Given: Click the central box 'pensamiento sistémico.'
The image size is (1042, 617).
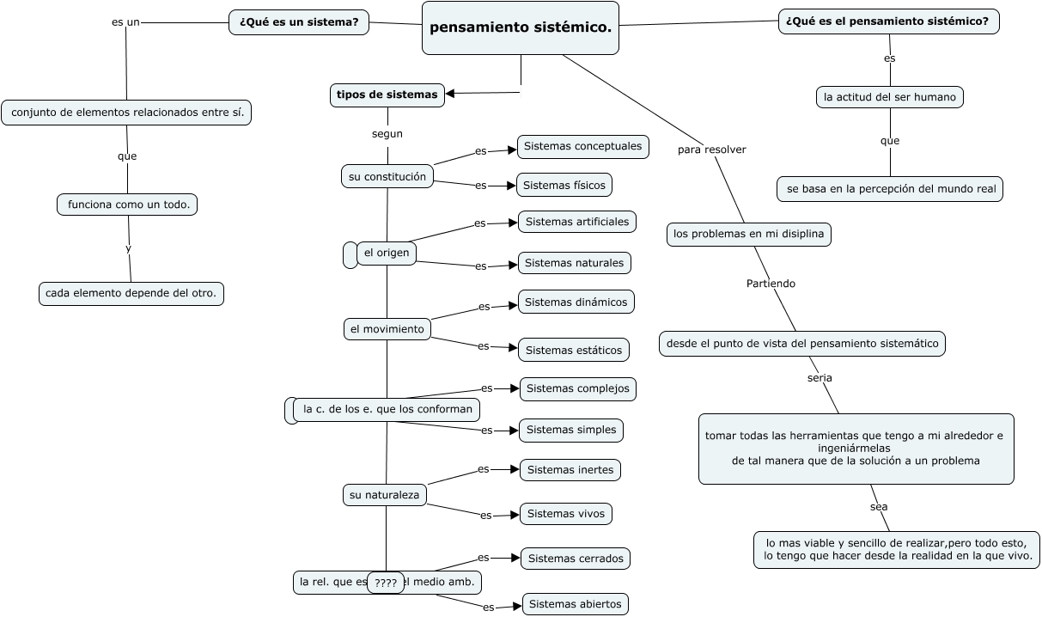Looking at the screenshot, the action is pyautogui.click(x=520, y=27).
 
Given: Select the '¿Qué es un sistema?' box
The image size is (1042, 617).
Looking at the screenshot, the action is pyautogui.click(x=299, y=22).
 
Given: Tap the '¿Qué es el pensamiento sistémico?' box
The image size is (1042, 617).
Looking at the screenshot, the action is pyautogui.click(x=888, y=21).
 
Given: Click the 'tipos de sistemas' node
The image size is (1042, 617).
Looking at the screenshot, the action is pyautogui.click(x=387, y=95).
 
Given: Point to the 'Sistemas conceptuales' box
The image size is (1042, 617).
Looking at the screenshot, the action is pyautogui.click(x=583, y=147).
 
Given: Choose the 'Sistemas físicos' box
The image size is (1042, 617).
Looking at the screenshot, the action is pyautogui.click(x=564, y=186).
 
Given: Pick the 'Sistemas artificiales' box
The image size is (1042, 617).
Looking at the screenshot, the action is pyautogui.click(x=576, y=222).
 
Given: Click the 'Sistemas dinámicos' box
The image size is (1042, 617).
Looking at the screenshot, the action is pyautogui.click(x=576, y=302).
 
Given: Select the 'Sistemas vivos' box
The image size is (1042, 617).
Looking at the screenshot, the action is pyautogui.click(x=565, y=514).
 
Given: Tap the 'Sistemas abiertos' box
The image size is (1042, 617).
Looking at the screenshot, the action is pyautogui.click(x=575, y=604).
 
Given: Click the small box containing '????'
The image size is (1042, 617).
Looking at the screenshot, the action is pyautogui.click(x=386, y=583).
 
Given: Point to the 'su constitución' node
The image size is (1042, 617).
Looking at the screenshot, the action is pyautogui.click(x=387, y=177).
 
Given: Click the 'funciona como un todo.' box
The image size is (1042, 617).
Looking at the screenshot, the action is pyautogui.click(x=127, y=205).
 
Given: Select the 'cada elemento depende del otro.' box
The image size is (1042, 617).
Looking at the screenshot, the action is pyautogui.click(x=131, y=294).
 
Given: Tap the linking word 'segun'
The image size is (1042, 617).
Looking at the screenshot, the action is pyautogui.click(x=387, y=134).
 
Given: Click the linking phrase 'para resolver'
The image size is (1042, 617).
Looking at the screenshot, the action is pyautogui.click(x=712, y=150).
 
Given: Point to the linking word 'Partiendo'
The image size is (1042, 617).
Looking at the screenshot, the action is pyautogui.click(x=771, y=284).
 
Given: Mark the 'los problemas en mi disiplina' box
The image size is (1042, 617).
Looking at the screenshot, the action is pyautogui.click(x=748, y=234).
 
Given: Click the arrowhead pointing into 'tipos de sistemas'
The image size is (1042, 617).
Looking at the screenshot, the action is pyautogui.click(x=450, y=94).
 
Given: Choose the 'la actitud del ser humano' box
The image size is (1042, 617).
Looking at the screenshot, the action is pyautogui.click(x=889, y=97).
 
